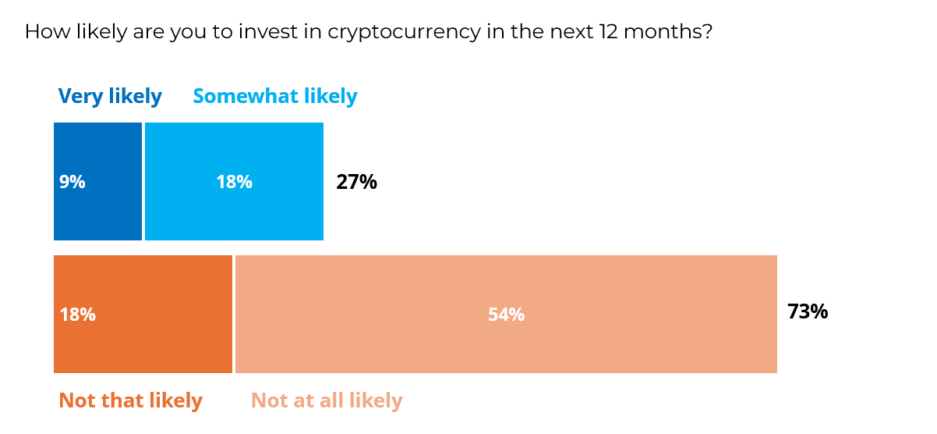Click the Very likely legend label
[110, 96]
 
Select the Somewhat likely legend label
[275, 96]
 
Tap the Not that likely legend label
[130, 400]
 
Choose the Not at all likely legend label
[327, 400]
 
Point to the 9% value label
[72, 182]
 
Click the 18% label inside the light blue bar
[234, 182]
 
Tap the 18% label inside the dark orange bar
[77, 315]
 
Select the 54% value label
[506, 315]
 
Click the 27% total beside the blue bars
[356, 182]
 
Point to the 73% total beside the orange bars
[807, 311]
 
